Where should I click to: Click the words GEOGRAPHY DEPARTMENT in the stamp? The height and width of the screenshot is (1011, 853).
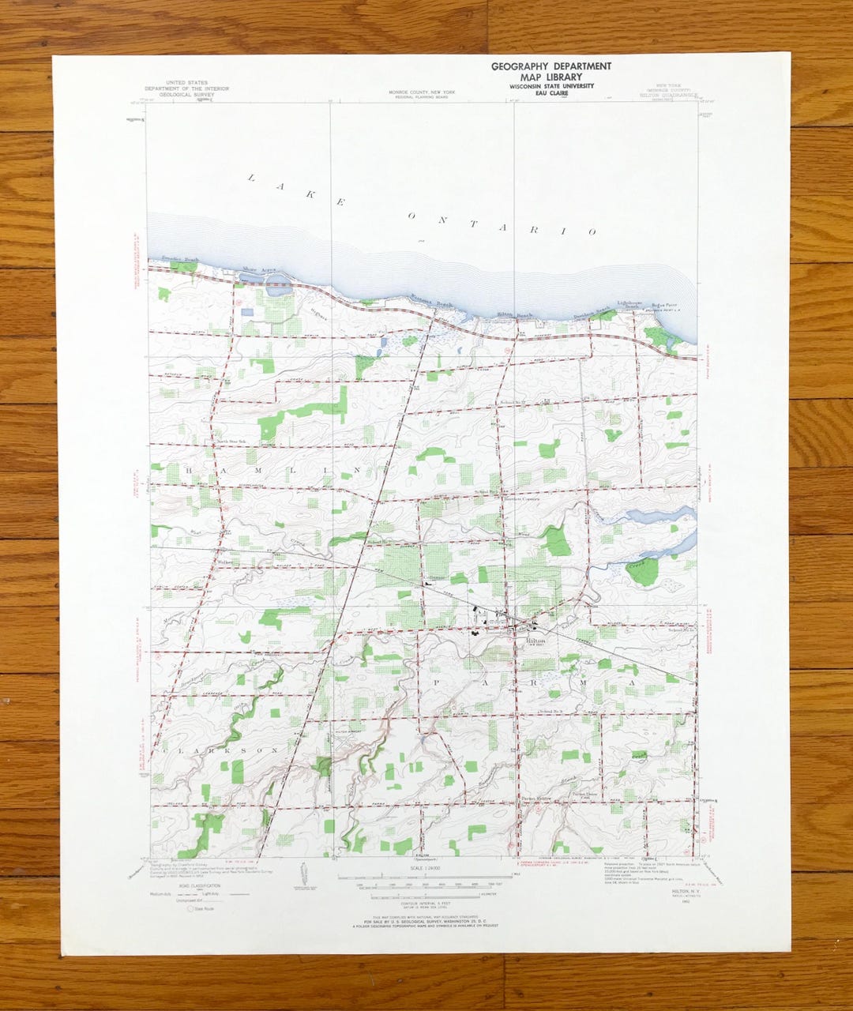(x=551, y=66)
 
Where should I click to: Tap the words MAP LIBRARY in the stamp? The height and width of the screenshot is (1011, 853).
(x=551, y=77)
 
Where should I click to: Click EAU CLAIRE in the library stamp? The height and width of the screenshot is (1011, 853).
(x=551, y=93)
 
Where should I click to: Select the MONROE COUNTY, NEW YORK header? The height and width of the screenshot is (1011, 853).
(x=422, y=92)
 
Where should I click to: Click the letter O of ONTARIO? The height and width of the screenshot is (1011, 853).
(x=411, y=215)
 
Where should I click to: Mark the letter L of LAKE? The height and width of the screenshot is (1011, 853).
(x=251, y=178)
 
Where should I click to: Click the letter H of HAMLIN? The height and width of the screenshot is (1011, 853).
(x=189, y=470)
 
